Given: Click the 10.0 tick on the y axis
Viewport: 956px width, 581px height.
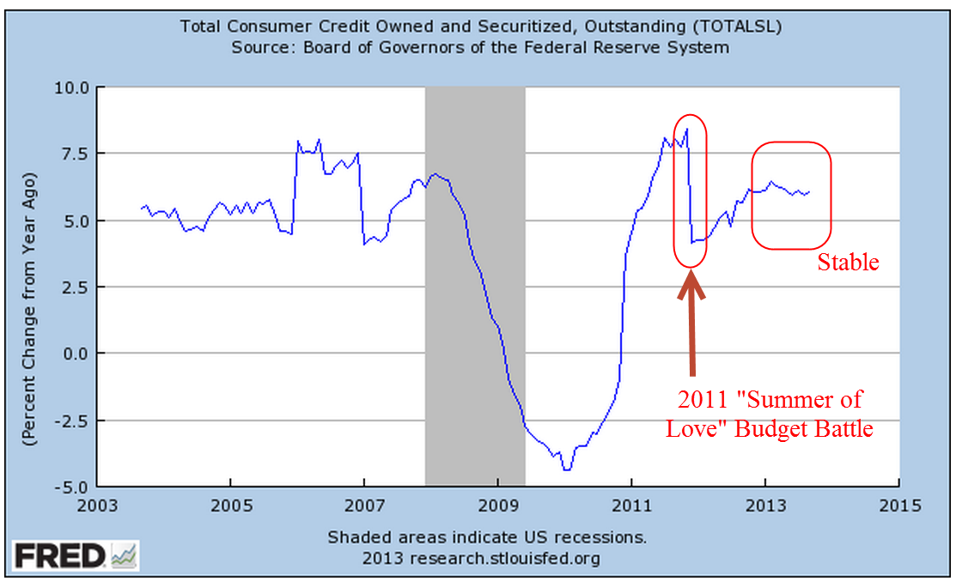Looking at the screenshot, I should click(x=71, y=87).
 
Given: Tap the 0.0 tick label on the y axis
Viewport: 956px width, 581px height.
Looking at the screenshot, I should click(x=75, y=353).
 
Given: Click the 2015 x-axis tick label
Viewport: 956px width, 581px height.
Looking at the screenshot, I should click(x=899, y=505).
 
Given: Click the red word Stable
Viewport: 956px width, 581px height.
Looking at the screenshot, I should click(x=848, y=263).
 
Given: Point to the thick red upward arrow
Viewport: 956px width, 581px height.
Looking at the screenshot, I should click(x=692, y=326).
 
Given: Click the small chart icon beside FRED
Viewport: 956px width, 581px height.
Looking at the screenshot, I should click(x=124, y=556).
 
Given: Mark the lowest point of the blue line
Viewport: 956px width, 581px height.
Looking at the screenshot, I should click(x=566, y=469).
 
